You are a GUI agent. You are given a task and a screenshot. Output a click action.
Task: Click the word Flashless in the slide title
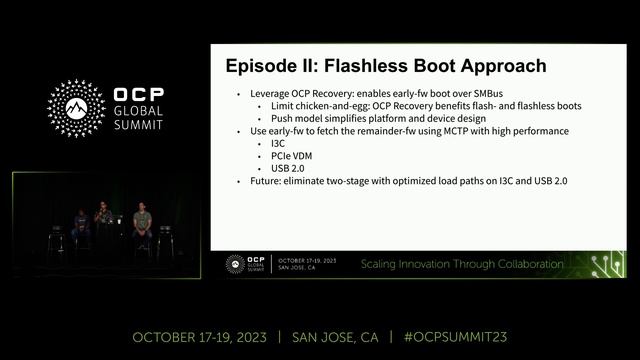[381, 67]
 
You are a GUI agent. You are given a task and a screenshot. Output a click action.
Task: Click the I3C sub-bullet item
[279, 143]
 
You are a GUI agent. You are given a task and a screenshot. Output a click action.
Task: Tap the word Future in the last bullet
[265, 181]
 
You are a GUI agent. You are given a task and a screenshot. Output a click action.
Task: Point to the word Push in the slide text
[282, 118]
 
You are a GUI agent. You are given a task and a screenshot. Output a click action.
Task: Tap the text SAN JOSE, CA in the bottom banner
[337, 336]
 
